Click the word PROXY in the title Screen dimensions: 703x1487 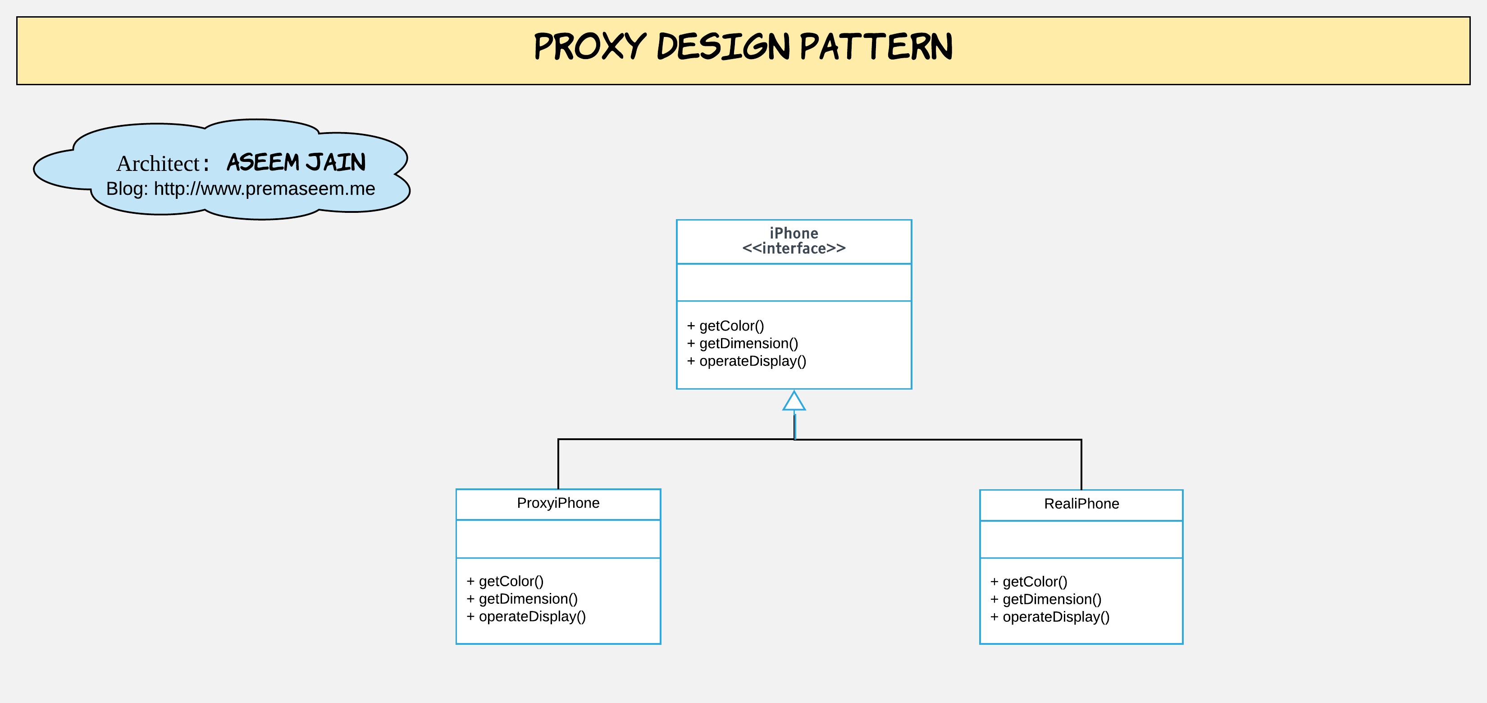point(589,47)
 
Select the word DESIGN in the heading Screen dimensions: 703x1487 point(723,47)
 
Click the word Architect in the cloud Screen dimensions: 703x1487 point(158,164)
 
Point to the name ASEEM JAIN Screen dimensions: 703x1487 point(296,162)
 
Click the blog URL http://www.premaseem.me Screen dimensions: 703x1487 point(265,189)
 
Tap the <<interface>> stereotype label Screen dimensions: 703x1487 point(794,248)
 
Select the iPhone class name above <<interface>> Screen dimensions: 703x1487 point(794,234)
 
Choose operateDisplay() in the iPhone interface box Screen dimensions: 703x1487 point(752,361)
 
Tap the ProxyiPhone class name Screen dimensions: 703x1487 point(558,503)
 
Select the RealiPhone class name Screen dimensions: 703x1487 point(1081,504)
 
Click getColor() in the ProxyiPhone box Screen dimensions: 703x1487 point(511,581)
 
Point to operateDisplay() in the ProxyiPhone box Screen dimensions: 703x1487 point(532,616)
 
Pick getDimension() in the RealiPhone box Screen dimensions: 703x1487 point(1052,600)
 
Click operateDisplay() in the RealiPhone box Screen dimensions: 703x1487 point(1056,617)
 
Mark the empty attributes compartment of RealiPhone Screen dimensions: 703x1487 point(1081,539)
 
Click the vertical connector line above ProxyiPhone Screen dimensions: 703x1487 point(558,464)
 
